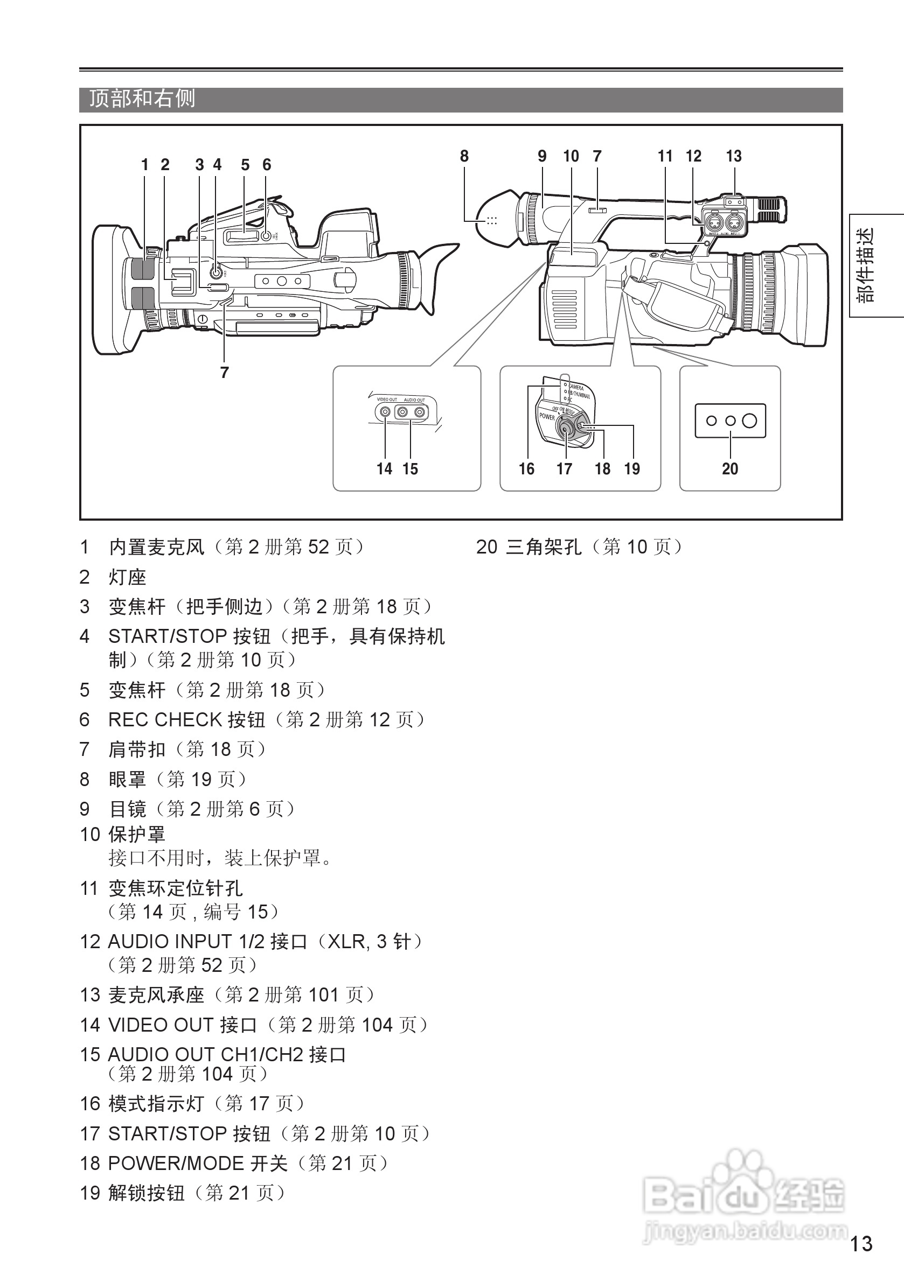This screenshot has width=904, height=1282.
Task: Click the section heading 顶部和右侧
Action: coord(142,99)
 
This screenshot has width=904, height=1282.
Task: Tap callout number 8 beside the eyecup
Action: coord(464,156)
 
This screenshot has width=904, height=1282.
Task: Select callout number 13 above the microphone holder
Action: coord(734,156)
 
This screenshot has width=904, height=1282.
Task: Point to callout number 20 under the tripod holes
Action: coord(729,469)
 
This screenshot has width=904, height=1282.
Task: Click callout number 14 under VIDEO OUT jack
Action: coord(385,469)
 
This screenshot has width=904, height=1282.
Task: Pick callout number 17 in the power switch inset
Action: coord(564,469)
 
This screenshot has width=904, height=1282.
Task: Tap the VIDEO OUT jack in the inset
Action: coord(385,412)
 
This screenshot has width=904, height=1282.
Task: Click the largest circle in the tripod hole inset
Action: coord(749,421)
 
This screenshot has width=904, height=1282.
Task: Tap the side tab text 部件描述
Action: coord(865,266)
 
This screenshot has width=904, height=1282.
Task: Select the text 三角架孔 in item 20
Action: coord(544,547)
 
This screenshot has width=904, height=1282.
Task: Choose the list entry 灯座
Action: coord(127,577)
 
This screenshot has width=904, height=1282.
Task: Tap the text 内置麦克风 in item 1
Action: coord(156,547)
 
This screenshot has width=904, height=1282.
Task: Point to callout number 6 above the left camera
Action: coord(267,165)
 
